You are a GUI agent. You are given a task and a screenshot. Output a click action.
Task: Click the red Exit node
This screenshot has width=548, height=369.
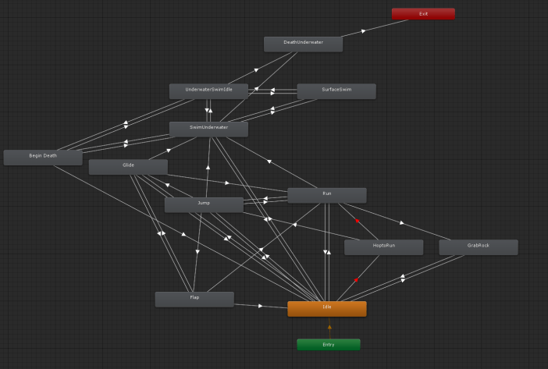tap(423, 13)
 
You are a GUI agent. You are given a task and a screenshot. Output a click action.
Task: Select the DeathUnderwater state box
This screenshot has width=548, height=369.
tap(303, 44)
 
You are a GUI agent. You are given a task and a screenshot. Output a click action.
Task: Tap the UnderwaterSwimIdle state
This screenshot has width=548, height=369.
tap(208, 90)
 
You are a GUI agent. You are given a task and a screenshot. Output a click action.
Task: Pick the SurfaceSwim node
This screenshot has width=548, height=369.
tap(336, 90)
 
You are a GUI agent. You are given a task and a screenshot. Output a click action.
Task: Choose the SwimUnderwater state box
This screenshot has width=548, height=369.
tap(208, 128)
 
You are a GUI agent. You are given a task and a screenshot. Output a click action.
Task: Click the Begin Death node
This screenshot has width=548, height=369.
tap(43, 157)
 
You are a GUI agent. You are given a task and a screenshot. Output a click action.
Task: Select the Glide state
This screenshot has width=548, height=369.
tap(128, 166)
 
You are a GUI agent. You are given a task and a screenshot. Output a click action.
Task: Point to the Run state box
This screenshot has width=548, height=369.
tap(326, 194)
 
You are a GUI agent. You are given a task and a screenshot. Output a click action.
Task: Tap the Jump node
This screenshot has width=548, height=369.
tap(204, 204)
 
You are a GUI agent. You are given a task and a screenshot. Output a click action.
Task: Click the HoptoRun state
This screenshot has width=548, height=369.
tap(383, 247)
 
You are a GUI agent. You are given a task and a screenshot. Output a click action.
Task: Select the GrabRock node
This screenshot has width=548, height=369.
tap(478, 247)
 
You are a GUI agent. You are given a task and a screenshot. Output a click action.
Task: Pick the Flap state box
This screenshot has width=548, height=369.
tap(194, 299)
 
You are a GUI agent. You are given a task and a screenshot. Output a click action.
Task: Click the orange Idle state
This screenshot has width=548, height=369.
tap(326, 308)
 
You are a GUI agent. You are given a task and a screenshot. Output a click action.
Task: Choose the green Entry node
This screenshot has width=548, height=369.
tap(329, 344)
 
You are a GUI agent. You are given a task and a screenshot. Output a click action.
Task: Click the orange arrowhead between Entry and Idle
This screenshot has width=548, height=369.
tap(329, 328)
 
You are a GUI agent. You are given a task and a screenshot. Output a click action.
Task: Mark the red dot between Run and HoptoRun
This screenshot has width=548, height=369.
tap(358, 221)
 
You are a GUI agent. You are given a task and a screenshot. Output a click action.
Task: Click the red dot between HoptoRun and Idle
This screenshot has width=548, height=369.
tap(356, 279)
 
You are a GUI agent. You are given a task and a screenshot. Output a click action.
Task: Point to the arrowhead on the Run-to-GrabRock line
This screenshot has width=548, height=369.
tap(402, 222)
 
